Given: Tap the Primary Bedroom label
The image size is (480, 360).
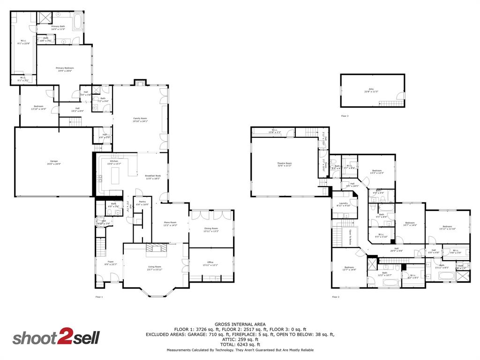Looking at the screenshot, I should pos(65,68).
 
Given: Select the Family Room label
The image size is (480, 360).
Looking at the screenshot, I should pos(140,119).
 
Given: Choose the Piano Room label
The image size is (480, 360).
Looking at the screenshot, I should pos(170,223).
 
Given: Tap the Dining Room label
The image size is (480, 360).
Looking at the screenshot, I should pos(211,229).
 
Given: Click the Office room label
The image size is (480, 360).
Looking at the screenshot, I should pos(210,262).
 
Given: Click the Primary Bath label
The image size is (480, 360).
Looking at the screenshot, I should pos(58,27).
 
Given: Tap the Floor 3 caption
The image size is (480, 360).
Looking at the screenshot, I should pos(345,116).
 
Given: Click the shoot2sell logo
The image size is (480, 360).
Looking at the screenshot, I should pos(56,338).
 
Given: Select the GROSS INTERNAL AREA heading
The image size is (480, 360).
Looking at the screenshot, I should pos(240,324).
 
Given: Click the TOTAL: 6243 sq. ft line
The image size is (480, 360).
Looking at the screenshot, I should pos(240,345).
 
